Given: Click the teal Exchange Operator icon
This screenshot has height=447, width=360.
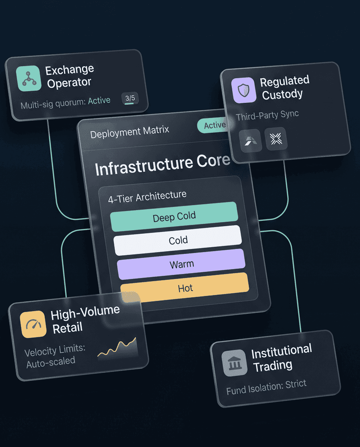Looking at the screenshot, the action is point(29,78).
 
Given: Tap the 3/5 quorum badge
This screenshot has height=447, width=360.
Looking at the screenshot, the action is point(130,98).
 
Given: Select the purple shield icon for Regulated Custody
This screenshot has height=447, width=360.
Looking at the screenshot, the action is point(243,90).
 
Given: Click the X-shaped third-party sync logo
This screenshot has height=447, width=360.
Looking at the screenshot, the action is point(276,139).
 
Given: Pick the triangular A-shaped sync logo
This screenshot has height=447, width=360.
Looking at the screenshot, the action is point(251,140).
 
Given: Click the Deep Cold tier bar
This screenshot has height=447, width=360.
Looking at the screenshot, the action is point(174,217).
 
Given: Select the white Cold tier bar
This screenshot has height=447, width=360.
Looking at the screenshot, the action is point(178,240).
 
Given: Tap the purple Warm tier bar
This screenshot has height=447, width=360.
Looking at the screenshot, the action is point(181,264).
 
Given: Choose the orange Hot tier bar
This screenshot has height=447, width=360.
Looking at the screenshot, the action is point(185,287).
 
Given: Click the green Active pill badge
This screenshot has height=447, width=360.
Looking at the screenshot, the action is point(213,126).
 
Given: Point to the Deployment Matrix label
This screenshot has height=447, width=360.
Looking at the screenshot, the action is point(130,132).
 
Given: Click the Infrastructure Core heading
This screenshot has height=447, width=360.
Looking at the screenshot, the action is point(163,164).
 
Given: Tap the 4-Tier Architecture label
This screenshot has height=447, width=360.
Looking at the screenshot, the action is point(147,197).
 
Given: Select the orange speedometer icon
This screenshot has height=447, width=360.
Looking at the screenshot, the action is point(33,324).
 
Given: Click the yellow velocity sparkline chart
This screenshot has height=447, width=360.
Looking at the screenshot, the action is point(117,348).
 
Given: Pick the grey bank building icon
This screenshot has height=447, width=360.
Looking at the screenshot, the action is point(234,363).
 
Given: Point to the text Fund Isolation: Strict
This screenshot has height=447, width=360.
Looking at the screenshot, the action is point(266,387).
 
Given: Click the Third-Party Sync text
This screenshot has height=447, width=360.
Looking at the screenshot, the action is point(267,115).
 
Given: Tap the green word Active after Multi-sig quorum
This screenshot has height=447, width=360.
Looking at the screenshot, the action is point(99,101).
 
